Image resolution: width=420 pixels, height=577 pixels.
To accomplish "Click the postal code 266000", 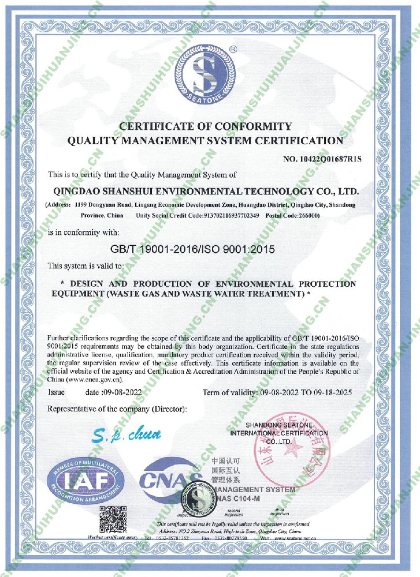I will coord(305,215).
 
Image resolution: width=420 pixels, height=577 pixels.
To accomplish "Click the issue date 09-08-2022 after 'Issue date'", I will coord(122,392).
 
